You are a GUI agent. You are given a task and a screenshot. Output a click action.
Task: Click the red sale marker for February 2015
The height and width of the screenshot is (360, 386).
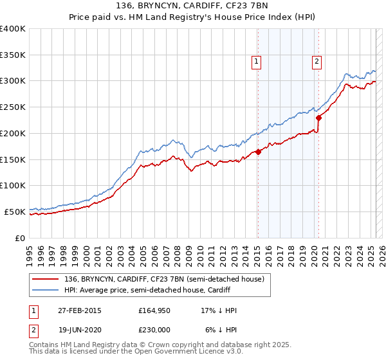coord(258,152)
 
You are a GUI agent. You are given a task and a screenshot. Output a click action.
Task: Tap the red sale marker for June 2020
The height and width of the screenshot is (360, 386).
coord(318,118)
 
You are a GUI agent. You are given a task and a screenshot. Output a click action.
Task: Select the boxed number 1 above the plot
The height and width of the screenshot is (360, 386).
coord(257,62)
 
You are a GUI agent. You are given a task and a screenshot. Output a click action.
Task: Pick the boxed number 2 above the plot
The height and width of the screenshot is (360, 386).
coord(317,62)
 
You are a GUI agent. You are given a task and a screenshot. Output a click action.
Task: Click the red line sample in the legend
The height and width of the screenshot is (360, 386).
coord(46,278)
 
